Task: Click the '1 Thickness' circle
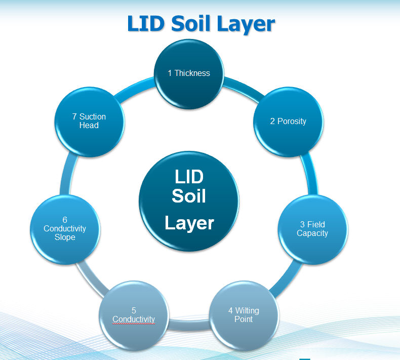tap(189, 73)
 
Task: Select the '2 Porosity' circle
tap(288, 122)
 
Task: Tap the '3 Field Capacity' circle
tap(312, 229)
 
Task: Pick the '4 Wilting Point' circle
tap(244, 315)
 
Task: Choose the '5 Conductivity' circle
tap(134, 315)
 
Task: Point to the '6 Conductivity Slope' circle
tap(65, 229)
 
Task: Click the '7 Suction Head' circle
tap(89, 122)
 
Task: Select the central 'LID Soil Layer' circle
tap(189, 201)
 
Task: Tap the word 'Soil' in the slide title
tap(197, 24)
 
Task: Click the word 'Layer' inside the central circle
tap(189, 223)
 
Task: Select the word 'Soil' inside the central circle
tap(189, 195)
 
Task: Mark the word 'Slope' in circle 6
tap(65, 237)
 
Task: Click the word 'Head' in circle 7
tap(89, 126)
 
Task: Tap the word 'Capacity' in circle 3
tap(312, 233)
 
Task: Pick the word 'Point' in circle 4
tap(244, 319)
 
